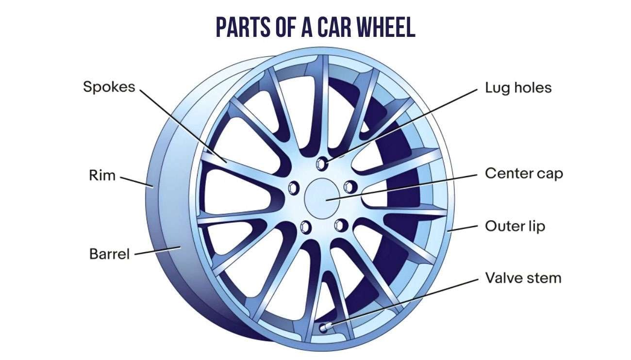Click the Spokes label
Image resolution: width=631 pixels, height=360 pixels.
pos(109,87)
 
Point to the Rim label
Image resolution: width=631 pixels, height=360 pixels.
pos(102,175)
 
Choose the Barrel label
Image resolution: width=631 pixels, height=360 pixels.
pos(110,253)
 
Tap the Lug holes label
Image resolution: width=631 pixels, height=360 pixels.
pos(518,88)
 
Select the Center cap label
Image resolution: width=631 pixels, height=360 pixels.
pos(524,173)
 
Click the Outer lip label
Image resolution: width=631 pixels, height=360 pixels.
pos(515,226)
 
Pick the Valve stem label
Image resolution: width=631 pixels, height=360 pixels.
pos(523,278)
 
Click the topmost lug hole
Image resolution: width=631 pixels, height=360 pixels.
pos(322,163)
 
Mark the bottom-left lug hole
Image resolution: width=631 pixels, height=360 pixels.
pos(306,226)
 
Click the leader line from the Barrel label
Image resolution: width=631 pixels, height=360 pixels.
pos(158,250)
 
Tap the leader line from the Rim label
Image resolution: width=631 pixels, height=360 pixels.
pos(136,180)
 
